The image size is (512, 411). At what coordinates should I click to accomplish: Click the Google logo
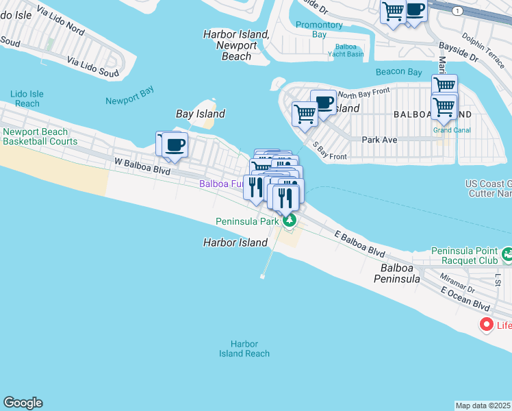(x=23, y=403)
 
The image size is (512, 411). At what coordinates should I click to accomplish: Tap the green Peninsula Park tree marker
(x=290, y=221)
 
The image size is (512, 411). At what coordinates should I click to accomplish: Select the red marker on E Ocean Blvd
(x=487, y=324)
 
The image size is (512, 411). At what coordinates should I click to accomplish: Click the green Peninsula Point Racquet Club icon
(x=507, y=255)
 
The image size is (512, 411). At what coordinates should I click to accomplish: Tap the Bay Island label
(x=201, y=114)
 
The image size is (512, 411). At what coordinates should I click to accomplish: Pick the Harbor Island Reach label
(x=244, y=349)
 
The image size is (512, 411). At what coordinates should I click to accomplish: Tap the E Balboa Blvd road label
(x=360, y=243)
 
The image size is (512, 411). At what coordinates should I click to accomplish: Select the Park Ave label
(x=380, y=139)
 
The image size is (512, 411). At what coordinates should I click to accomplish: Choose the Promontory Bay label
(x=319, y=29)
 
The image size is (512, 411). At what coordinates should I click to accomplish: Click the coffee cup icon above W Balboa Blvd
(x=175, y=145)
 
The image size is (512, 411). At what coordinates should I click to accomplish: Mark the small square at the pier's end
(x=262, y=277)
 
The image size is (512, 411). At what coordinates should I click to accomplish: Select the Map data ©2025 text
(x=483, y=406)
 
